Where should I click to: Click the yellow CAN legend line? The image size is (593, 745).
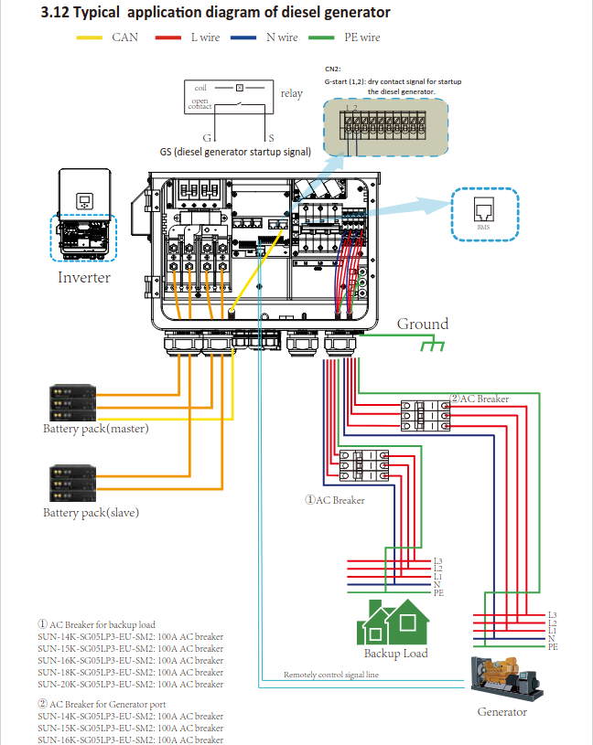90,37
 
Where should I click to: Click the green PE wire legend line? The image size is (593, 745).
323,37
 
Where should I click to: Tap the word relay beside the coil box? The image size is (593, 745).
291,93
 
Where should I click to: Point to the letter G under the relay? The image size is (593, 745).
208,136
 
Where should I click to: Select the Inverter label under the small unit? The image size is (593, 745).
84,278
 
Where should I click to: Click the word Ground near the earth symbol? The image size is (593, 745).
423,324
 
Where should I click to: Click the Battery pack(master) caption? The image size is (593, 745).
95,428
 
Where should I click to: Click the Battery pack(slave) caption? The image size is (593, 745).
91,513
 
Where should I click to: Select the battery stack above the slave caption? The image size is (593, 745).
72,483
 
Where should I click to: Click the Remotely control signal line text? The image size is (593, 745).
331,675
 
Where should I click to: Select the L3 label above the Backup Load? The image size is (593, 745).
438,560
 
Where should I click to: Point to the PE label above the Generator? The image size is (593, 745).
553,647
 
